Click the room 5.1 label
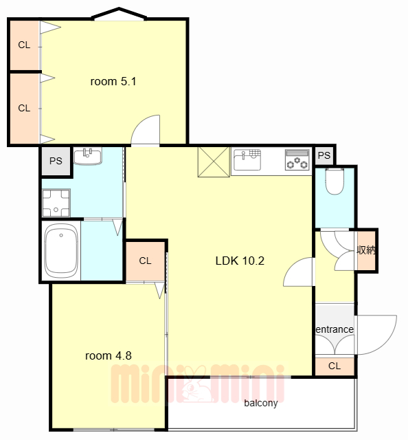(113, 82)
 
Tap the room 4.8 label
(109, 356)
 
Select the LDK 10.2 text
(240, 261)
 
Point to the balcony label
(261, 403)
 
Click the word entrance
(335, 329)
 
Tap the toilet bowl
(335, 181)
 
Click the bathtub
(61, 250)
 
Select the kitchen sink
(247, 159)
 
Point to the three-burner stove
(297, 160)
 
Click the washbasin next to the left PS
(88, 156)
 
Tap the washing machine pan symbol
(56, 203)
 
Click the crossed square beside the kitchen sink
(214, 162)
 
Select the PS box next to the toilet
(324, 155)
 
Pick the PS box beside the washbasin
(56, 161)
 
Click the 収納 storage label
(366, 250)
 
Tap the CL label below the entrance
(335, 366)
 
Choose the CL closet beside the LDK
(145, 261)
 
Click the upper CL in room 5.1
(24, 45)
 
